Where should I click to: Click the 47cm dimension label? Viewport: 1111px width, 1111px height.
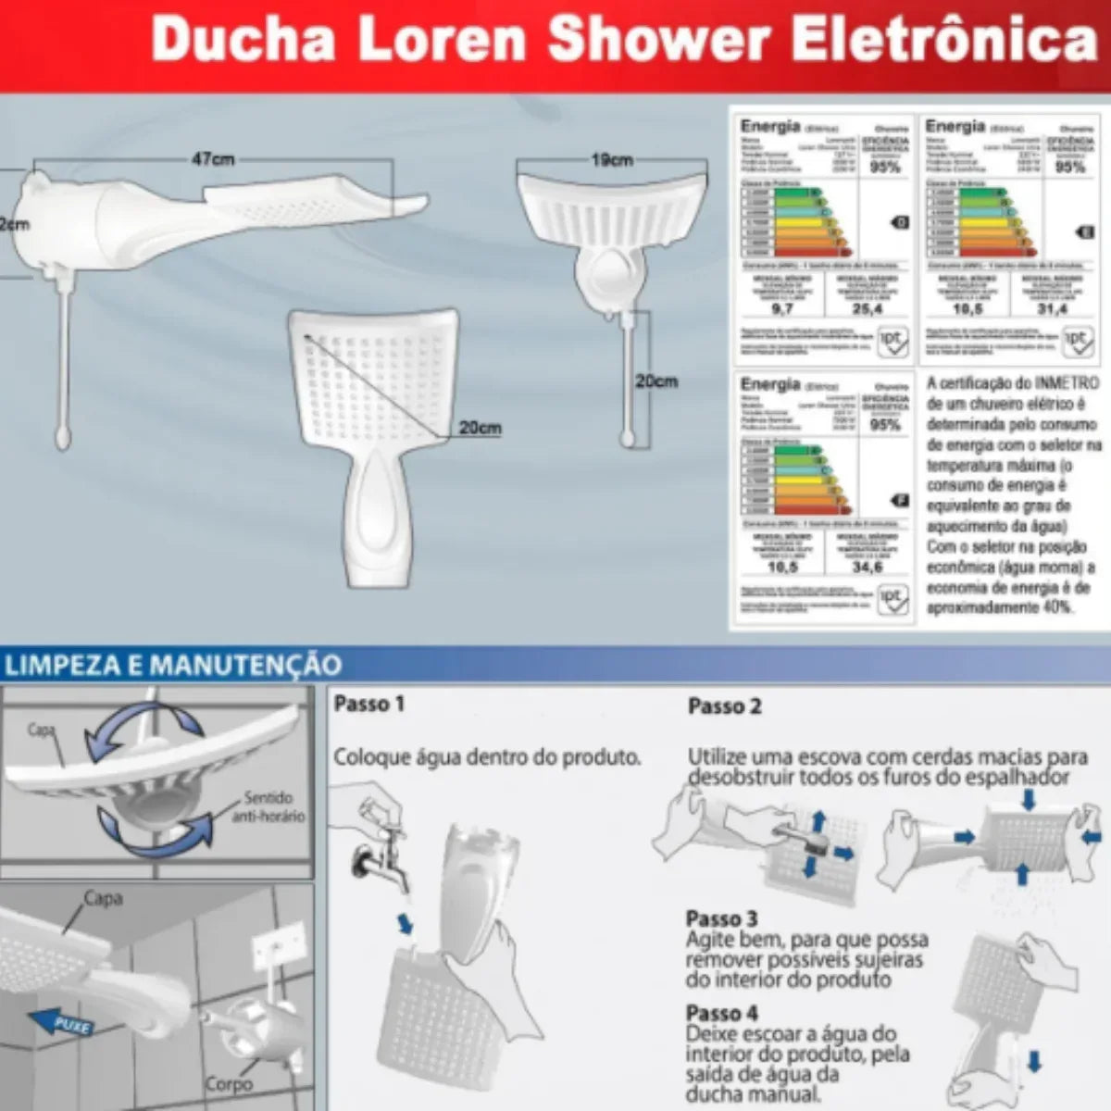[x=212, y=159]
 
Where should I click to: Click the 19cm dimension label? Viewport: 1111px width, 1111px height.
[x=612, y=160]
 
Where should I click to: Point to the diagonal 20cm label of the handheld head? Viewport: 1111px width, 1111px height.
[x=480, y=428]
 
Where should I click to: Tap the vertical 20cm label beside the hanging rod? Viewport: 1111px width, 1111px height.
[x=656, y=381]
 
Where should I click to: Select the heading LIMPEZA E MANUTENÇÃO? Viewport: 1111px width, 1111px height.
[x=172, y=665]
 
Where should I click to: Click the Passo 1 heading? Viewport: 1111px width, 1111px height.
[x=368, y=705]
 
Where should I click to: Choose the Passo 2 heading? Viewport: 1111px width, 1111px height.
[x=724, y=706]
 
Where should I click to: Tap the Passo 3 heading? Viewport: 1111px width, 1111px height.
[x=721, y=918]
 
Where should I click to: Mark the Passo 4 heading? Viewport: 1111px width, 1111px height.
[x=721, y=1013]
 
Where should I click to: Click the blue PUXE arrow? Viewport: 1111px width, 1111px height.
[x=66, y=1023]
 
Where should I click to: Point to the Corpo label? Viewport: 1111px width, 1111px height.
[x=228, y=1084]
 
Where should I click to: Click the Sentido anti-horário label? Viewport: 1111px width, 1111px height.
[x=268, y=806]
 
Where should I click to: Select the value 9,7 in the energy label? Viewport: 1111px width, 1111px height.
[x=781, y=308]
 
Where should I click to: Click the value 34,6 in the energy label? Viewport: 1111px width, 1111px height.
[x=867, y=567]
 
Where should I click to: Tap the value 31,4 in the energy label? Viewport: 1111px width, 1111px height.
[x=1052, y=308]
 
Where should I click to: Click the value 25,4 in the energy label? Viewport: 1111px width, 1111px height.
[x=867, y=308]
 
